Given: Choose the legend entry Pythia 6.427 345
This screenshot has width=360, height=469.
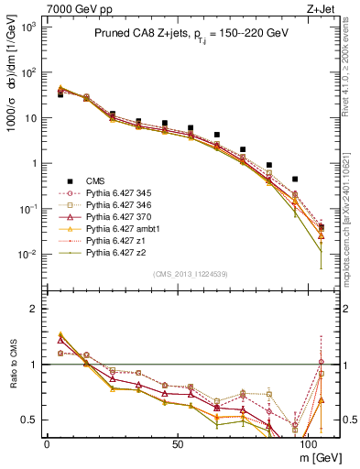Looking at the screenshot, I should pos(124,192).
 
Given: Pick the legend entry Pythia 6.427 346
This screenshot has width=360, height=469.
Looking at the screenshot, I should pos(124,204).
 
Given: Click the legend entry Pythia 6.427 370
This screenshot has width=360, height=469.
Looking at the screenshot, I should pos(124,216).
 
